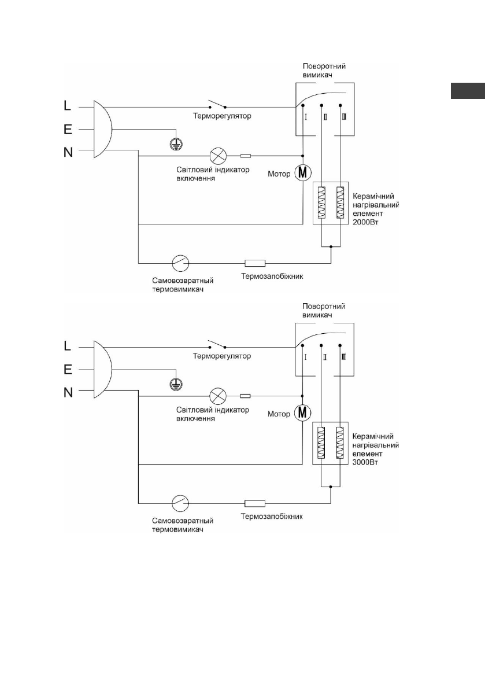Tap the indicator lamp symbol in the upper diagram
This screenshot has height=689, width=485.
coord(218,156)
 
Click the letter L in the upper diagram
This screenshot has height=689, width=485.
coord(68,106)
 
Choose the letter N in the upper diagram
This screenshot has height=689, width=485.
coord(68,153)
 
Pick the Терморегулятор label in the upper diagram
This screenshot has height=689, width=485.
coord(221,116)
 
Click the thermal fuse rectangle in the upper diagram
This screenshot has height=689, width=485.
coord(255,262)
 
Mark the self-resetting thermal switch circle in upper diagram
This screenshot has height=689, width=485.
coord(180,263)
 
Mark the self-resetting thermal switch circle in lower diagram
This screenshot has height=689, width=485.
coord(180,502)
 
